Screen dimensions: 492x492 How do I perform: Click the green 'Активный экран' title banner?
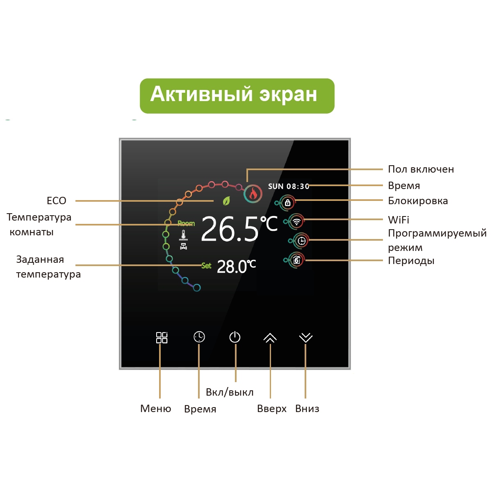pyautogui.click(x=237, y=96)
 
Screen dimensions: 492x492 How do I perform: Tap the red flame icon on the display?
pyautogui.click(x=253, y=194)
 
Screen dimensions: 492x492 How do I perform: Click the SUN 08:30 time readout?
pyautogui.click(x=289, y=187)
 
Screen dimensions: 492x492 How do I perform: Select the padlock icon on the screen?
pyautogui.click(x=287, y=203)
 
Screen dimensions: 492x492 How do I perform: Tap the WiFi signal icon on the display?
pyautogui.click(x=296, y=222)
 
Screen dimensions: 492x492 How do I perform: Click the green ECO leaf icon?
pyautogui.click(x=226, y=201)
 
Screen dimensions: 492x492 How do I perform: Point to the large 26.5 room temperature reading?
pyautogui.click(x=230, y=229)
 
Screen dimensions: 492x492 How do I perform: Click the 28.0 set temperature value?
pyautogui.click(x=231, y=267)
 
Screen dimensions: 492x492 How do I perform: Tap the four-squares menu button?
pyautogui.click(x=162, y=337)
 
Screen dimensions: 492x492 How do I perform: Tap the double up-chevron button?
pyautogui.click(x=270, y=337)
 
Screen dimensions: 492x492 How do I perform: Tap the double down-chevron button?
pyautogui.click(x=305, y=337)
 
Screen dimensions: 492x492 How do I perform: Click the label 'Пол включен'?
pyautogui.click(x=421, y=169)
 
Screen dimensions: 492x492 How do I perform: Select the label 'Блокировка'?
pyautogui.click(x=418, y=201)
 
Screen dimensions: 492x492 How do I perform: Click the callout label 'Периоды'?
pyautogui.click(x=411, y=261)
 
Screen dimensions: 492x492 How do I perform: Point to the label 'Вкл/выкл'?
pyautogui.click(x=230, y=392)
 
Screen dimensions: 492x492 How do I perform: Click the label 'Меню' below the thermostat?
pyautogui.click(x=155, y=408)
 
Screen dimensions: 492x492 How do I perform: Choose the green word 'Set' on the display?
pyautogui.click(x=206, y=266)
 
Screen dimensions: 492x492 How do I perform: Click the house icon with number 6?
pyautogui.click(x=296, y=260)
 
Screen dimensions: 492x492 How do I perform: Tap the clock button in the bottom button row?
pyautogui.click(x=199, y=337)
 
